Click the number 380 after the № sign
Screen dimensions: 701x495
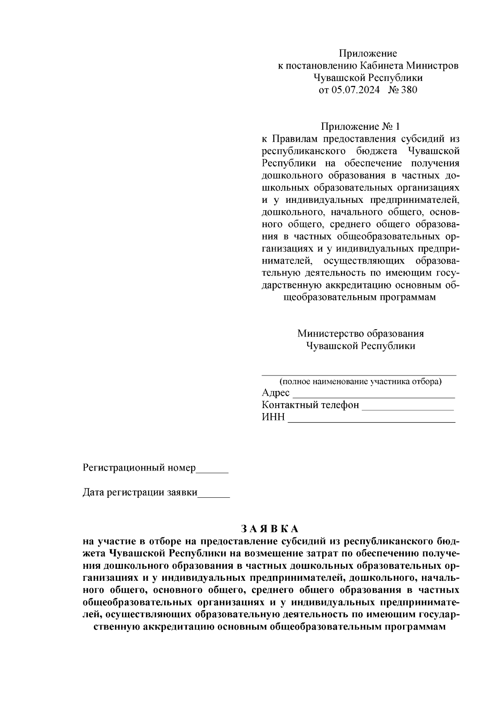409,90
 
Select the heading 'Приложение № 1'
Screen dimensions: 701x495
361,126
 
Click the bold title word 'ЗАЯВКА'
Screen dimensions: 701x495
269,529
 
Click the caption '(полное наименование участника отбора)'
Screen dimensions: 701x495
361,381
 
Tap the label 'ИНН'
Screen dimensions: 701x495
273,417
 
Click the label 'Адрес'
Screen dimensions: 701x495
276,393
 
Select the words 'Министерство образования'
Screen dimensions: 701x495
361,333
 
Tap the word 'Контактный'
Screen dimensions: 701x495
289,405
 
